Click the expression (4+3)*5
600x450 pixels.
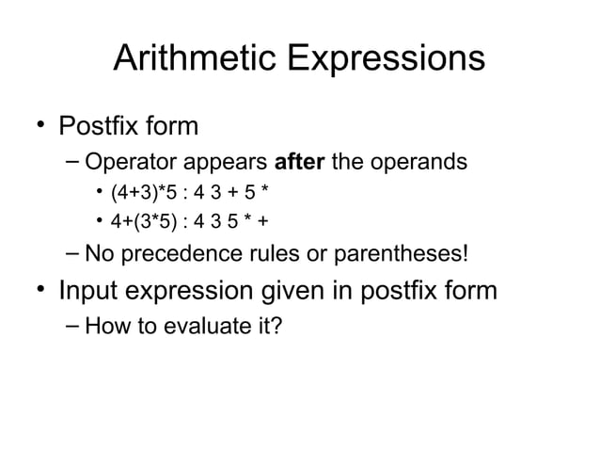[x=141, y=195]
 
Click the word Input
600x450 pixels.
[x=90, y=291]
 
